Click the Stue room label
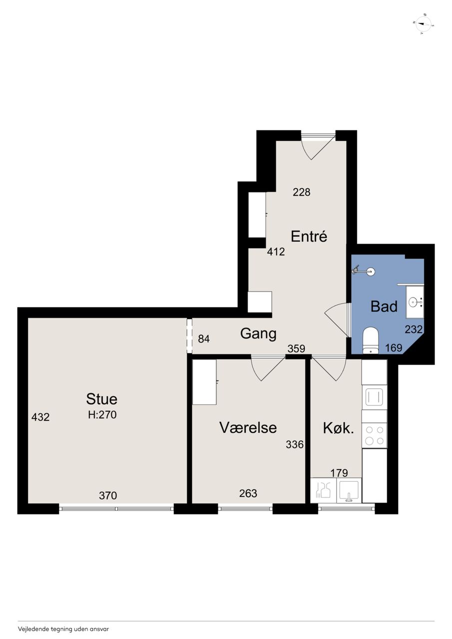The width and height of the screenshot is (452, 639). pyautogui.click(x=101, y=399)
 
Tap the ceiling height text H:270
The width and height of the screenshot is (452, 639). pyautogui.click(x=102, y=414)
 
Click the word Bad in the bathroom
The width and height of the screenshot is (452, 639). pyautogui.click(x=384, y=307)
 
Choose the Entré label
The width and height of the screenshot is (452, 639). pyautogui.click(x=309, y=237)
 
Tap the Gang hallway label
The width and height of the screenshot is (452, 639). pyautogui.click(x=258, y=333)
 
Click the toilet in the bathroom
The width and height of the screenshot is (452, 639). pyautogui.click(x=371, y=340)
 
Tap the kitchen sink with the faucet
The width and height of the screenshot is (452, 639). pyautogui.click(x=349, y=491)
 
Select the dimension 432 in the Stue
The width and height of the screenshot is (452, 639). pyautogui.click(x=40, y=417)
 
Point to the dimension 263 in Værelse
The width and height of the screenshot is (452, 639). pyautogui.click(x=248, y=493)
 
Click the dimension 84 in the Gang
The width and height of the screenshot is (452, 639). pyautogui.click(x=204, y=339)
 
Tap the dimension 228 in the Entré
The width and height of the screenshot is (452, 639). pyautogui.click(x=301, y=192)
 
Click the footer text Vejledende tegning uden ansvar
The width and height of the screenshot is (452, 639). pyautogui.click(x=63, y=629)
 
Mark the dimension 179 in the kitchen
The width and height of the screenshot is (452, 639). pyautogui.click(x=339, y=473)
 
